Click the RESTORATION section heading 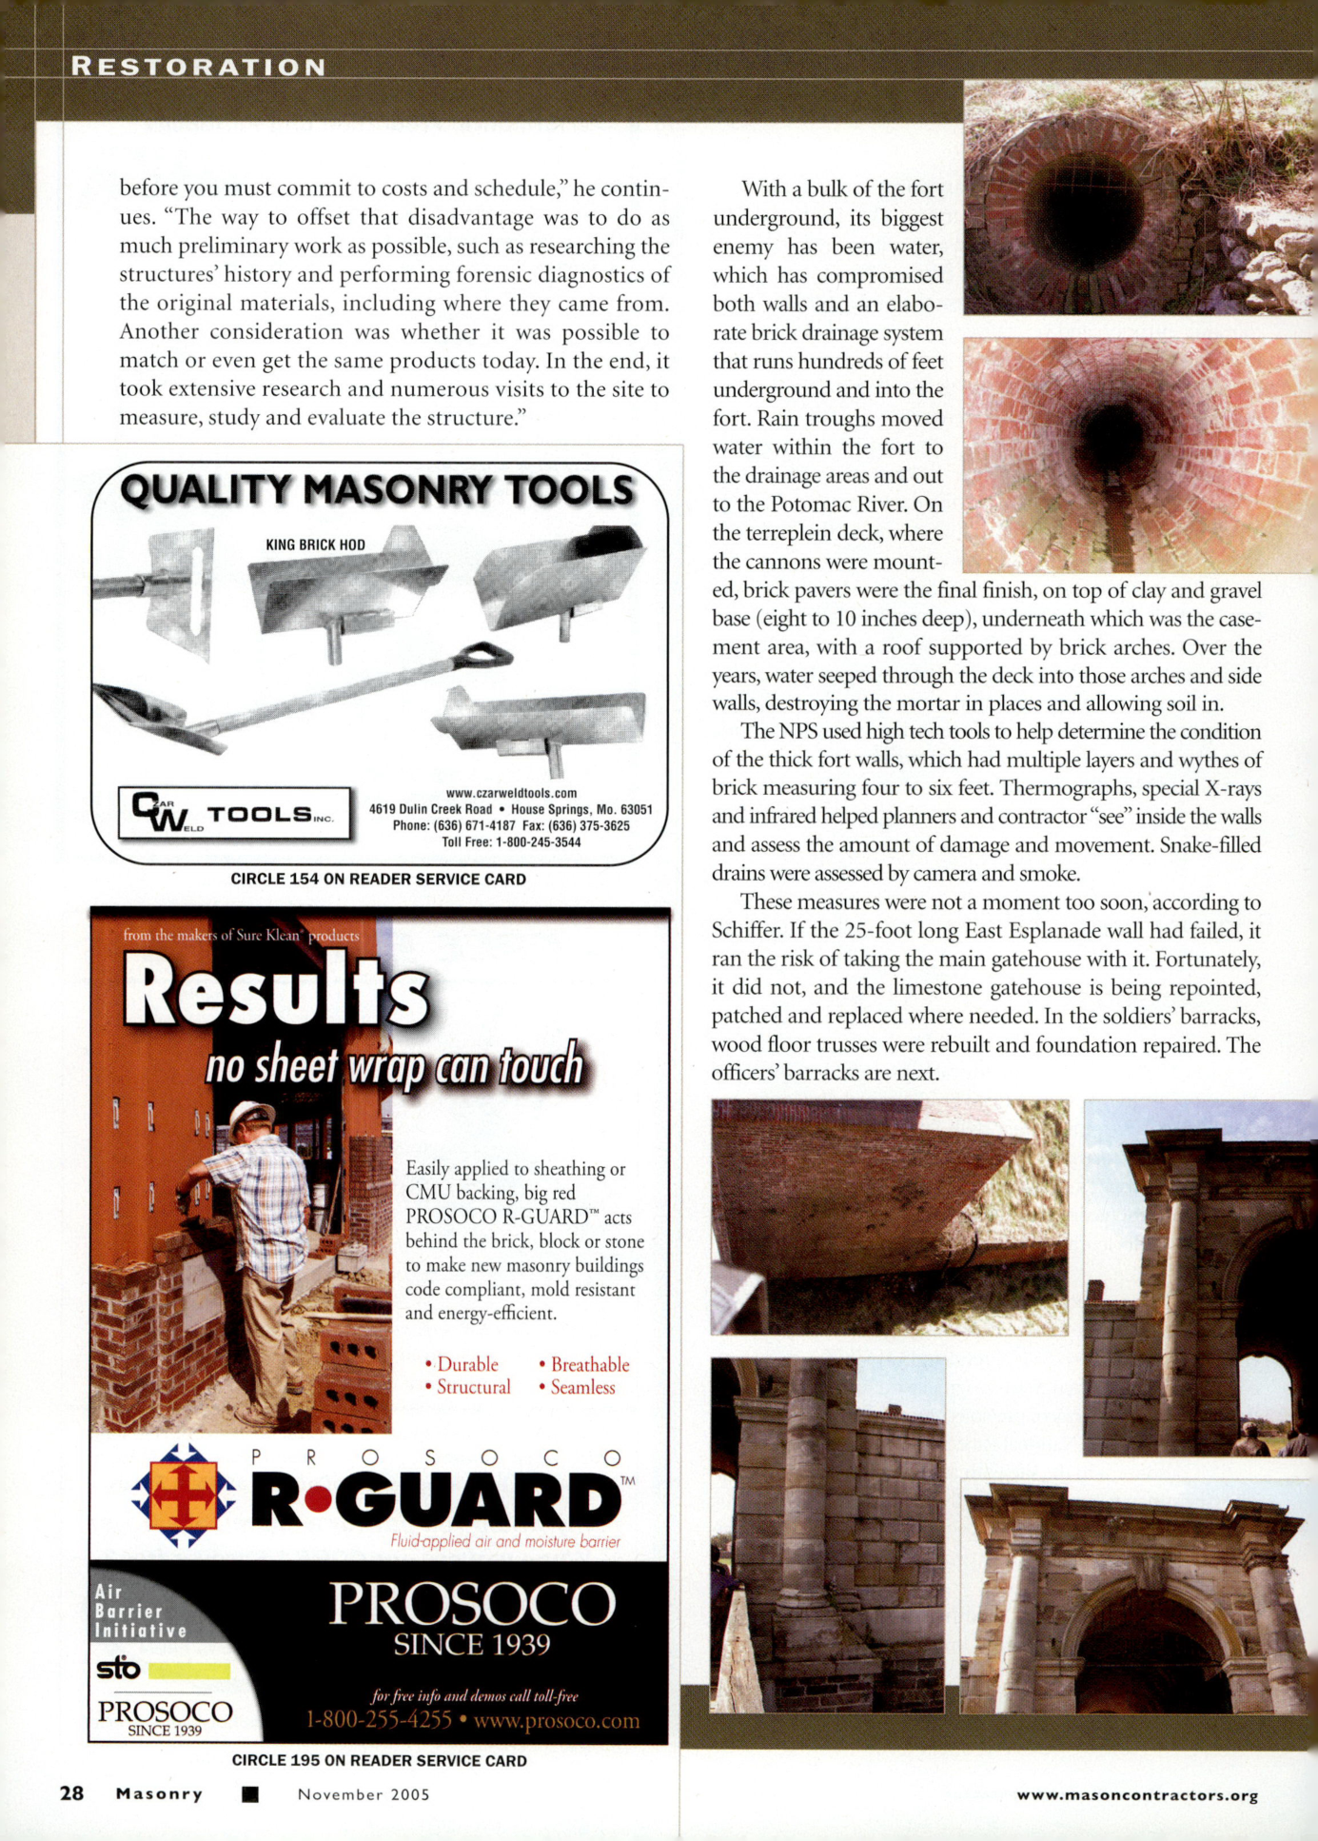(199, 67)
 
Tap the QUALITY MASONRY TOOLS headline (377, 490)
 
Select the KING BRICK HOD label (315, 544)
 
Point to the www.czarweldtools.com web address (511, 793)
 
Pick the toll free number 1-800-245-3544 (511, 842)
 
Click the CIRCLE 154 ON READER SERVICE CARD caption (378, 880)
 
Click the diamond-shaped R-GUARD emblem (183, 1495)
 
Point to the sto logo (119, 1669)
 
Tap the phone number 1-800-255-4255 (379, 1720)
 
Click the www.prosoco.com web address (557, 1720)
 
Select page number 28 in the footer (71, 1793)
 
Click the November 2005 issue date (364, 1794)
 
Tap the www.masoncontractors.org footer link (1137, 1795)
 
